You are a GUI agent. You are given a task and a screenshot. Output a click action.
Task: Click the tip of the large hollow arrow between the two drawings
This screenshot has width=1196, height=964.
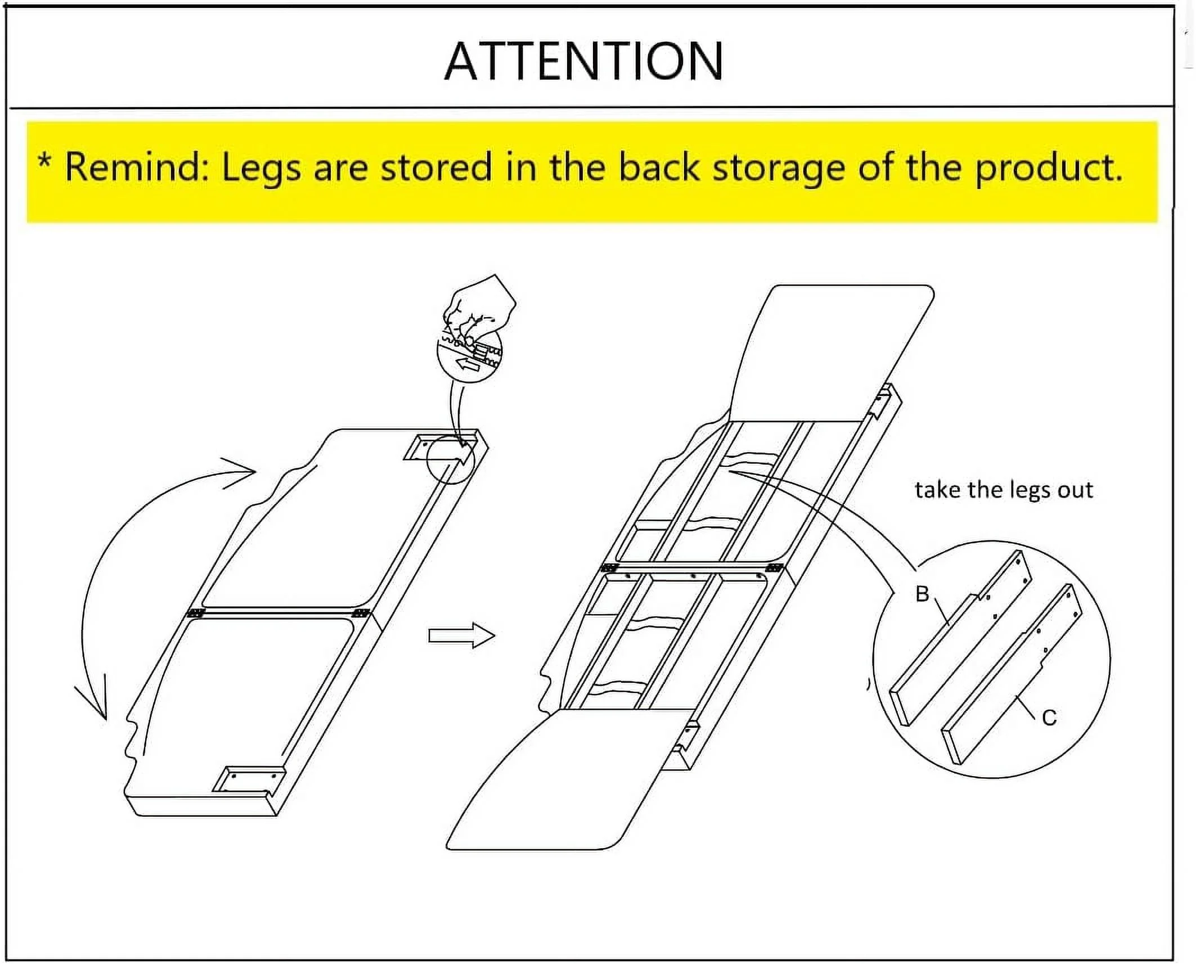click(x=495, y=636)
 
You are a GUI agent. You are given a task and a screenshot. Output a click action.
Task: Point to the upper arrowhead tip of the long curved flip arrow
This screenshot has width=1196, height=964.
click(x=256, y=470)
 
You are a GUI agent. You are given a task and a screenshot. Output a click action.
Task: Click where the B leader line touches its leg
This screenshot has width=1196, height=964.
click(x=950, y=625)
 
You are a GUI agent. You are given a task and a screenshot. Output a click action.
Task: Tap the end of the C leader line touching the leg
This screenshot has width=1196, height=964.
click(x=1015, y=697)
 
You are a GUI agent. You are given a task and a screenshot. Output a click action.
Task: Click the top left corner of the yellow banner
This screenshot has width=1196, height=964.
click(x=27, y=123)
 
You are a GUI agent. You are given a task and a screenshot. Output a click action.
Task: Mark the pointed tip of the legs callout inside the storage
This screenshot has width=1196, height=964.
click(x=729, y=471)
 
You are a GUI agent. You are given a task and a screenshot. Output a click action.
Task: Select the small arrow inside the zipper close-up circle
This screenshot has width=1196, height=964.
click(x=467, y=365)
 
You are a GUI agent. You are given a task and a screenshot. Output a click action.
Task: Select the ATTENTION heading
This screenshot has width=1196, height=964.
click(x=583, y=61)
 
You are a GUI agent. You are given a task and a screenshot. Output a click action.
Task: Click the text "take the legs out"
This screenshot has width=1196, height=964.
click(x=1004, y=489)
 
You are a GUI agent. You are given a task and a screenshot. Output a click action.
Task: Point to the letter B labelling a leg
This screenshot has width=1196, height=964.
click(x=922, y=594)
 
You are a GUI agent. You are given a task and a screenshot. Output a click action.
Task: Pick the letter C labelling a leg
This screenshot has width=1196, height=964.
click(x=1049, y=718)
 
